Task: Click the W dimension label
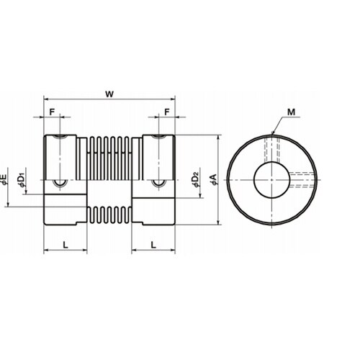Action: tap(109, 94)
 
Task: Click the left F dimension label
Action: tap(52, 112)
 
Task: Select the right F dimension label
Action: tap(167, 112)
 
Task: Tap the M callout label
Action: tap(291, 112)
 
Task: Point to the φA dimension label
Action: tap(213, 179)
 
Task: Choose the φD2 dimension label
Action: tap(197, 179)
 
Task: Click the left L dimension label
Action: tap(66, 245)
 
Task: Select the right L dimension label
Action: tap(153, 245)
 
